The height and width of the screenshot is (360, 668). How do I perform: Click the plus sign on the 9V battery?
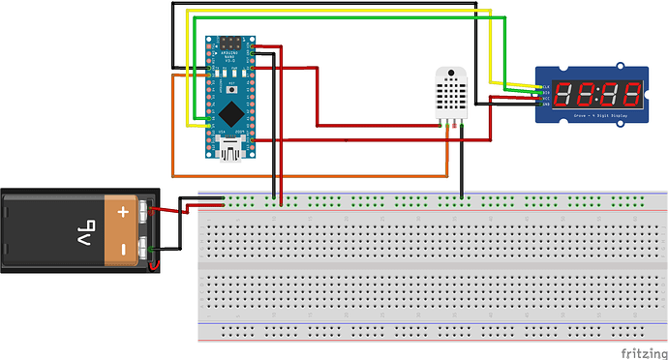123,210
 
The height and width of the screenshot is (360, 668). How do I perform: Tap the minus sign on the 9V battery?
123,250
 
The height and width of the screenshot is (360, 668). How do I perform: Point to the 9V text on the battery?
84,229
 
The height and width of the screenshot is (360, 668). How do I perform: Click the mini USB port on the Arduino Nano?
232,148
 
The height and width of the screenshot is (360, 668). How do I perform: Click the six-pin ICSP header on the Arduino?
233,44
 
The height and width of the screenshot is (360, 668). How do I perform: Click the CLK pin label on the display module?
546,86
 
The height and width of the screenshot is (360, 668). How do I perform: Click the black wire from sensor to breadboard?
462,165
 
